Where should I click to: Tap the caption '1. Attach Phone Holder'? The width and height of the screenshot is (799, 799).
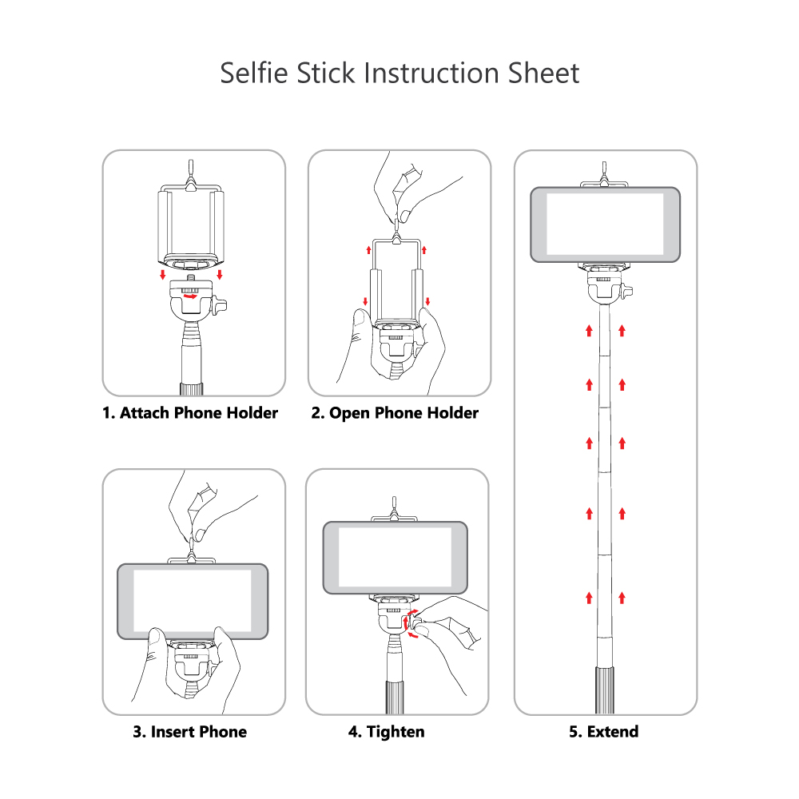coord(190,413)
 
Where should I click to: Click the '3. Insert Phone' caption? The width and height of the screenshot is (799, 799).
coord(189,731)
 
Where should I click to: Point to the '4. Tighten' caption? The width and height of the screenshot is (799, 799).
coord(386,731)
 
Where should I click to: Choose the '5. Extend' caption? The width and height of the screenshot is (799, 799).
coord(603,731)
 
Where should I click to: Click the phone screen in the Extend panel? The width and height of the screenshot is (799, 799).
coord(606,224)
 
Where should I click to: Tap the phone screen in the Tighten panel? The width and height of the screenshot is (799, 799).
coord(395,557)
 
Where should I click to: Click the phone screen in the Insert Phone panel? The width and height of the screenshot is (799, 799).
coord(193,601)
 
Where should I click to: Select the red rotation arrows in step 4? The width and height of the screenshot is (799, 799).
coord(411,624)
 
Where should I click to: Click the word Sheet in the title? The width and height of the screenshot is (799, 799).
coord(544,73)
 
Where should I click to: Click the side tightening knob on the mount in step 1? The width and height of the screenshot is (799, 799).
coord(221,304)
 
